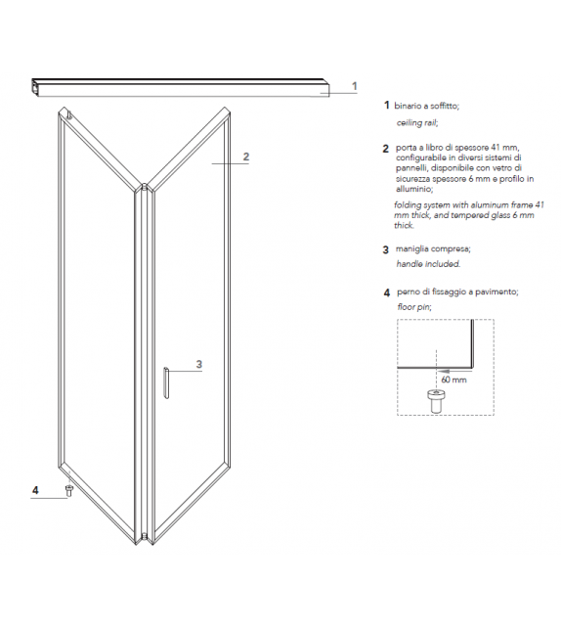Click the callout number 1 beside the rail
coord(355,86)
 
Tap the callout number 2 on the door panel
coord(246,157)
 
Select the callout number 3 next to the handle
coord(198,364)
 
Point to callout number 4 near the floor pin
coord(35,489)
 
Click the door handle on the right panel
coord(167,382)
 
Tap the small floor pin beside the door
coord(68,490)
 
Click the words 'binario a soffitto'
coord(426,105)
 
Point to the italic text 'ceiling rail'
coord(416,123)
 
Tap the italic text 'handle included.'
coord(427,264)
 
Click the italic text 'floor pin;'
coord(414,306)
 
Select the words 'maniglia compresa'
coord(433,249)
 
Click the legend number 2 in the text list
coord(386,149)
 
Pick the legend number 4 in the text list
coord(386,292)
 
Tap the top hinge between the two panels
coord(145,185)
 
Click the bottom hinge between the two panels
coord(145,535)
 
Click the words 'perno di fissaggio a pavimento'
coord(455,292)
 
